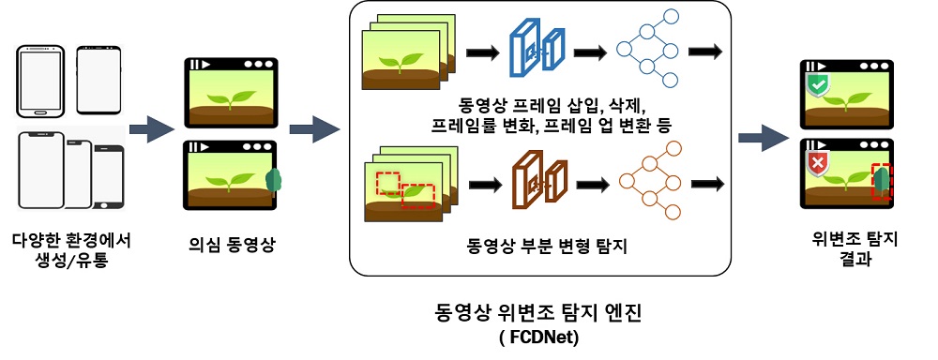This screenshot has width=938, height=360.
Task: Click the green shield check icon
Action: [x=818, y=87]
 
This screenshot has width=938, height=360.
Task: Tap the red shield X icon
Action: [x=818, y=167]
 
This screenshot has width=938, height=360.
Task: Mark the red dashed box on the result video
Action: [x=882, y=182]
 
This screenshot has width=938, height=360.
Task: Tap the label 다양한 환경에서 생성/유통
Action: [x=73, y=247]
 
